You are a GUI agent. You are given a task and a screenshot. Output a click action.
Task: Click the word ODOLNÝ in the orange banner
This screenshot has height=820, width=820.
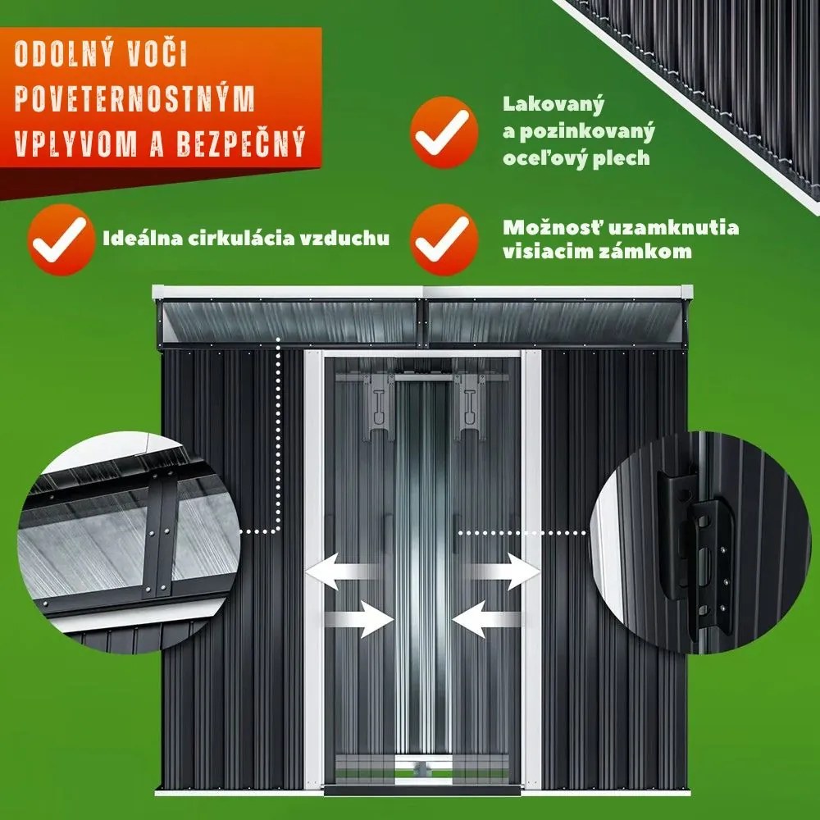64,53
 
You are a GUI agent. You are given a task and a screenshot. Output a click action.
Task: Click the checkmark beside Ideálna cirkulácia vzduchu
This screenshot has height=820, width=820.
61,239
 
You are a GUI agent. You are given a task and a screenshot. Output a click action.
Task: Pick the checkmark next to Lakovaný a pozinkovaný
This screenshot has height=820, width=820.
444,132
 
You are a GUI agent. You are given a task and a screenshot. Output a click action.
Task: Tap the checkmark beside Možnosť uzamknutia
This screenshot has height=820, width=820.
444,239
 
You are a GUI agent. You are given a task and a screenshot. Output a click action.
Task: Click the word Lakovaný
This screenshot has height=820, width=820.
553,105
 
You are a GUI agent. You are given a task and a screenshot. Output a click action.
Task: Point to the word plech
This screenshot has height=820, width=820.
622,157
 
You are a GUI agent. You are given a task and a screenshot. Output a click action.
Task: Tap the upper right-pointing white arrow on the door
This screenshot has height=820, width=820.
501,571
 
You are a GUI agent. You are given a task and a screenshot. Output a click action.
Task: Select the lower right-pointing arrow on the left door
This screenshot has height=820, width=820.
359,618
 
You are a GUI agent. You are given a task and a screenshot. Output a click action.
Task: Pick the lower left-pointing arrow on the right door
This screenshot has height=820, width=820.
487,618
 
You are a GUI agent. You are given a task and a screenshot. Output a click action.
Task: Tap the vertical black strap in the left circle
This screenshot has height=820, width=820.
160,536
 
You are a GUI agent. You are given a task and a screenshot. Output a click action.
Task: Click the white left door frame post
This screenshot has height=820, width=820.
314,569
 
